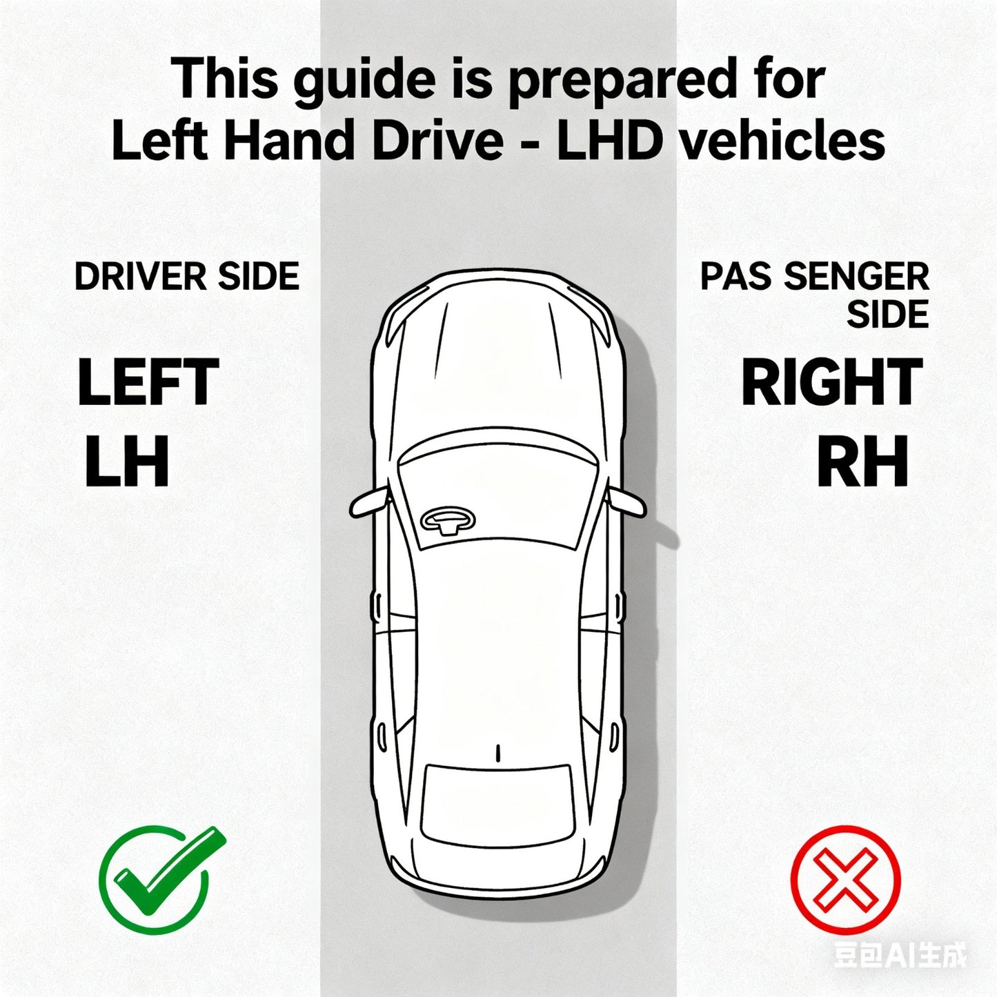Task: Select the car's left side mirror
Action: click(x=368, y=502)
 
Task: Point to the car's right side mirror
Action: click(x=627, y=502)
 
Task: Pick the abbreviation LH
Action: click(x=127, y=462)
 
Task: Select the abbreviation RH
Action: click(x=862, y=462)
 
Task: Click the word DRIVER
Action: click(x=141, y=276)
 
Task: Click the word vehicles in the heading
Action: click(x=781, y=139)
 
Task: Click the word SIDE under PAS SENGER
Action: click(x=888, y=314)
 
